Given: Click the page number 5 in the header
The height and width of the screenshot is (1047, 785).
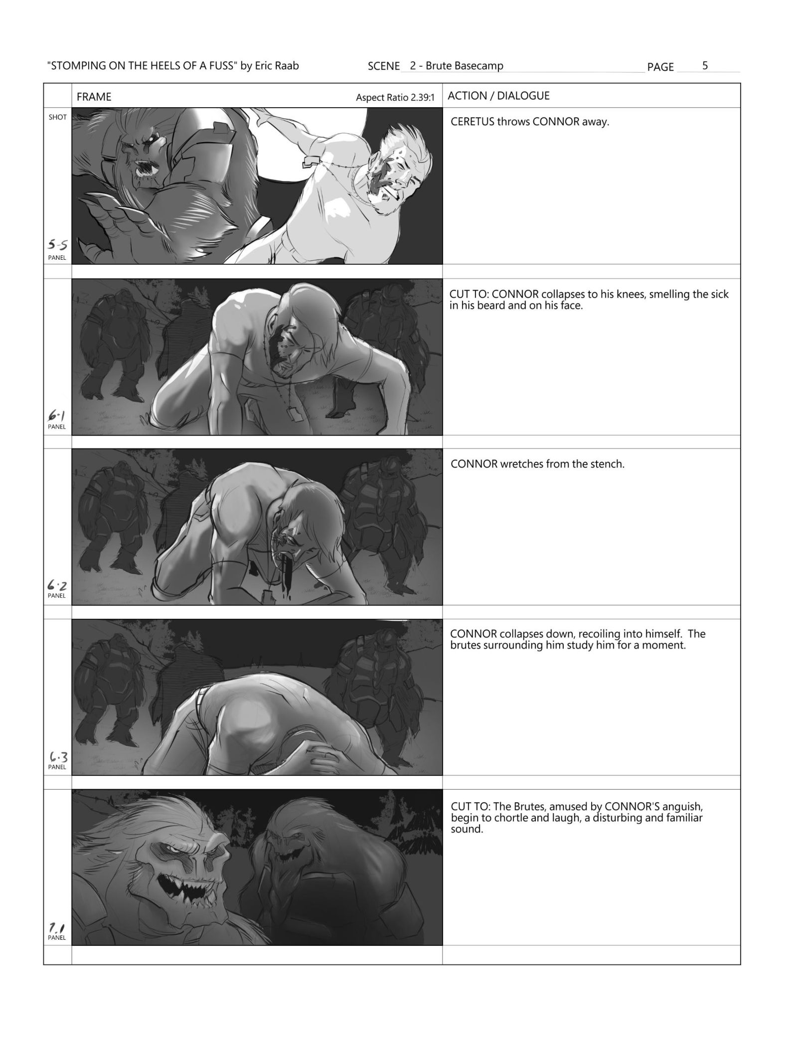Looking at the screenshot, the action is pos(705,65).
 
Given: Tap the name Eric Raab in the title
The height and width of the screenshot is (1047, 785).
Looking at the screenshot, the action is pos(277,66).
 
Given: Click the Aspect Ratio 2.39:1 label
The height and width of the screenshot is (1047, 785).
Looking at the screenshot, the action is pos(395,98).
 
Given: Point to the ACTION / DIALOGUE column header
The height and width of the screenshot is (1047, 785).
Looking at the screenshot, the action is pos(498,96).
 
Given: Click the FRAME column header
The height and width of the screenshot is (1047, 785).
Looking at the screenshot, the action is pos(94,97).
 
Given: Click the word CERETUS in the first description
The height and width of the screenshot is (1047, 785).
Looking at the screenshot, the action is pos(472,122).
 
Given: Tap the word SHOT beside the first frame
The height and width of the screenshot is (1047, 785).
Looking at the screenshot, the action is pos(58,117).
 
